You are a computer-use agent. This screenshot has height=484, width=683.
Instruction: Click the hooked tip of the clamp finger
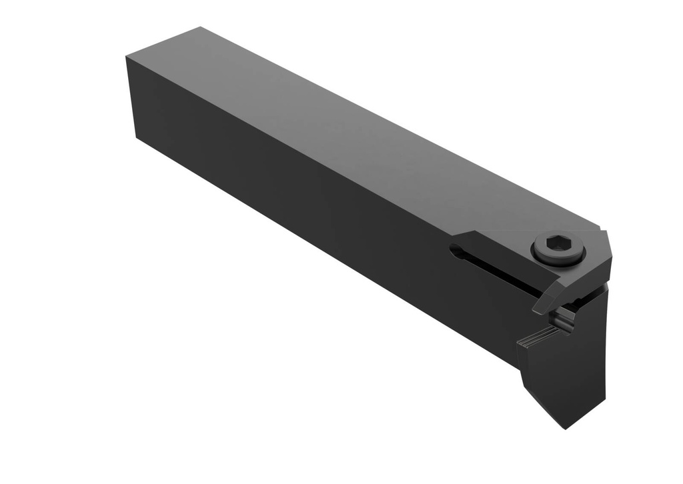[x=539, y=309]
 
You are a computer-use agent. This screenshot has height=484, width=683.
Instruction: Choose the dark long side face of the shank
[x=300, y=200]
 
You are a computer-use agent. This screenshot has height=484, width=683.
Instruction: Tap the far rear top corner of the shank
[x=200, y=27]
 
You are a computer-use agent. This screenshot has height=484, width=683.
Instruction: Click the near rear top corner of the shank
[x=127, y=57]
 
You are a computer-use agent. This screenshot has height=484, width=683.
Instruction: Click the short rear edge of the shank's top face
[x=163, y=42]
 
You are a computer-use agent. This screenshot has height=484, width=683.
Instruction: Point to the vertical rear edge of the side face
[x=131, y=97]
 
